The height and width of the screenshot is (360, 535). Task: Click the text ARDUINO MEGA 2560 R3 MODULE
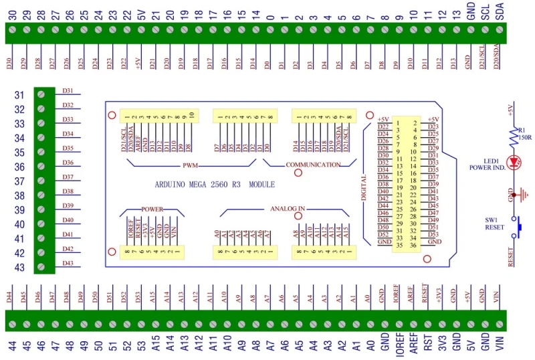point(214,184)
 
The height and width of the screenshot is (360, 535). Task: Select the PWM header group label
point(191,164)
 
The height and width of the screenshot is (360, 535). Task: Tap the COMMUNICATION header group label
point(312,164)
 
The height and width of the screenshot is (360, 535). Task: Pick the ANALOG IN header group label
point(288,208)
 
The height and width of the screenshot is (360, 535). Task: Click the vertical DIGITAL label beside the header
point(364,188)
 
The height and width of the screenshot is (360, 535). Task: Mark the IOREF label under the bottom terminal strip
point(399,346)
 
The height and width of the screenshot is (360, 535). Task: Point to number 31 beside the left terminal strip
point(20,95)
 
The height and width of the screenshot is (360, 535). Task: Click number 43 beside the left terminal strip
point(20,268)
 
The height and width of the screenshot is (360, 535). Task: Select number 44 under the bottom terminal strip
point(11,346)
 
